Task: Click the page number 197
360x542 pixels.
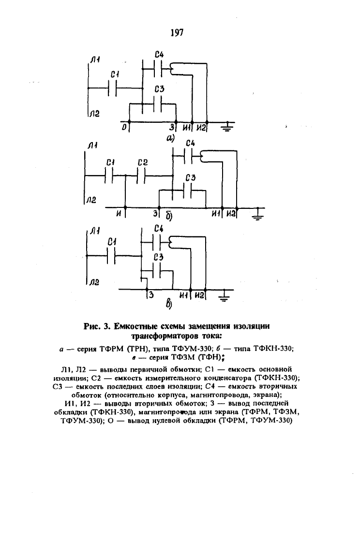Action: pos(177,32)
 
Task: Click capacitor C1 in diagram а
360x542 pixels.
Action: pos(113,88)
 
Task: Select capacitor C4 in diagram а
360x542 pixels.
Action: pos(158,69)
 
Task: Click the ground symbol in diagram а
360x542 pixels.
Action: pos(227,127)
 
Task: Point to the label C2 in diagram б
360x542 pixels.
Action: pos(142,162)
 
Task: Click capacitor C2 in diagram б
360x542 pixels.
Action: pos(141,176)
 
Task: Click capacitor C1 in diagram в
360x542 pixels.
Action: pos(111,256)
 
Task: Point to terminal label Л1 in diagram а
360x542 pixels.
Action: pos(95,60)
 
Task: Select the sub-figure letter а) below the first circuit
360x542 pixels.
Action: pos(171,138)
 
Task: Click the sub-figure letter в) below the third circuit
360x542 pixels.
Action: pos(169,305)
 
